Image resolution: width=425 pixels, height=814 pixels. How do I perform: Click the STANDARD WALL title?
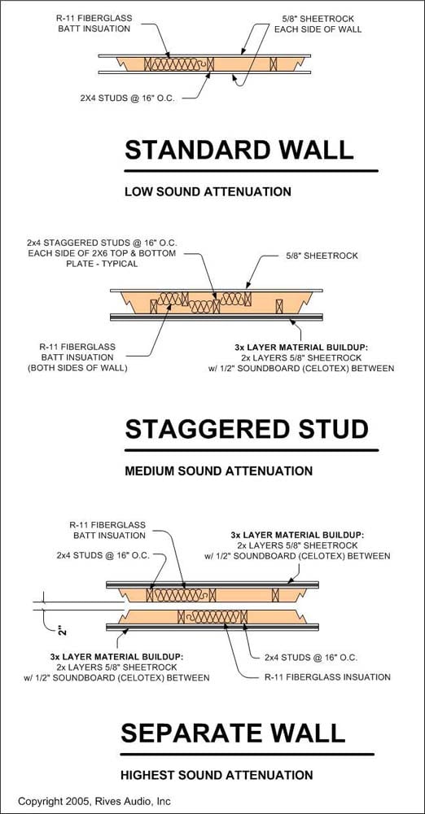click(239, 150)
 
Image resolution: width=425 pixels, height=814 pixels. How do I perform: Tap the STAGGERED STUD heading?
click(247, 429)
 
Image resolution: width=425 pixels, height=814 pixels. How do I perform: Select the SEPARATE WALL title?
click(233, 733)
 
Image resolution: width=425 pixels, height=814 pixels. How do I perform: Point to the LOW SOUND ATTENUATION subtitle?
click(208, 191)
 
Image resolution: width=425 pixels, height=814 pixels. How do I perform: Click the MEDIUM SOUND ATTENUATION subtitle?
click(219, 470)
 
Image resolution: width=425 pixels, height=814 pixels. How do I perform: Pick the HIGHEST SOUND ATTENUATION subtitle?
click(217, 775)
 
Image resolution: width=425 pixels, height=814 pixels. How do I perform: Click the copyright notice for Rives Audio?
click(94, 801)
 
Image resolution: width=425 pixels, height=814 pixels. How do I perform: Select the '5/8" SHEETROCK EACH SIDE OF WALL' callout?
click(318, 24)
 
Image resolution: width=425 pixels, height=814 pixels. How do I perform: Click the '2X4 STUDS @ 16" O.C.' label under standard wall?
click(127, 97)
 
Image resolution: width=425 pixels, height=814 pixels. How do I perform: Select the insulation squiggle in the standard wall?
click(178, 63)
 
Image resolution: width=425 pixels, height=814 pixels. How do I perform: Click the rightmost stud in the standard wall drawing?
click(274, 63)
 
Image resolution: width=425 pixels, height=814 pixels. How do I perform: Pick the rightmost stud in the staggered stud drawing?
click(279, 306)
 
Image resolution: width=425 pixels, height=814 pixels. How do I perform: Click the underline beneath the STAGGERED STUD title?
click(252, 450)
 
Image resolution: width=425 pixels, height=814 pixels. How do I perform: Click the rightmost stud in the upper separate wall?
click(275, 595)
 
